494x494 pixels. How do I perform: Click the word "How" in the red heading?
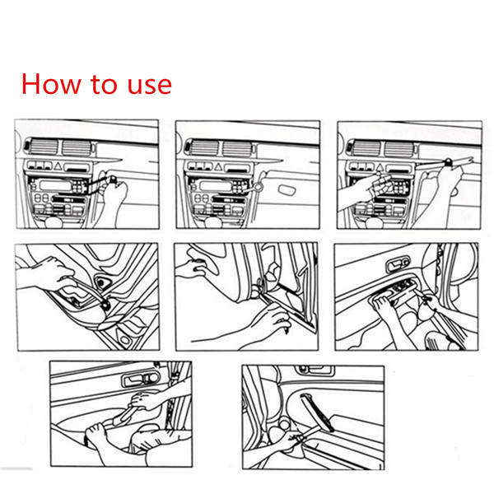(x=51, y=84)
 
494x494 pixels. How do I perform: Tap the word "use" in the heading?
(x=149, y=86)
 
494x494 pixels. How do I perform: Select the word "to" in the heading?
(x=104, y=85)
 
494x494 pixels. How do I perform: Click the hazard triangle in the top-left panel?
(x=58, y=166)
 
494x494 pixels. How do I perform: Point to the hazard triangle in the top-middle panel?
(x=218, y=166)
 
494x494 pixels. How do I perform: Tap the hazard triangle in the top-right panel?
(x=380, y=167)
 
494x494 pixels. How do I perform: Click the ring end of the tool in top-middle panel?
(x=259, y=187)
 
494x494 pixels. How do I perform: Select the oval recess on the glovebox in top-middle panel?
(x=287, y=189)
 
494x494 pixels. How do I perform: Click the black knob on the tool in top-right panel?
(x=448, y=162)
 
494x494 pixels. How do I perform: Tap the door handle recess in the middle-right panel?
(x=398, y=265)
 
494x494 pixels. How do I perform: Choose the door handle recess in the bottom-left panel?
(x=141, y=380)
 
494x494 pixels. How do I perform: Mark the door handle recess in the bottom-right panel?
(x=314, y=369)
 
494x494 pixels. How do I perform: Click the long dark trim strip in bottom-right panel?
(x=317, y=412)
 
